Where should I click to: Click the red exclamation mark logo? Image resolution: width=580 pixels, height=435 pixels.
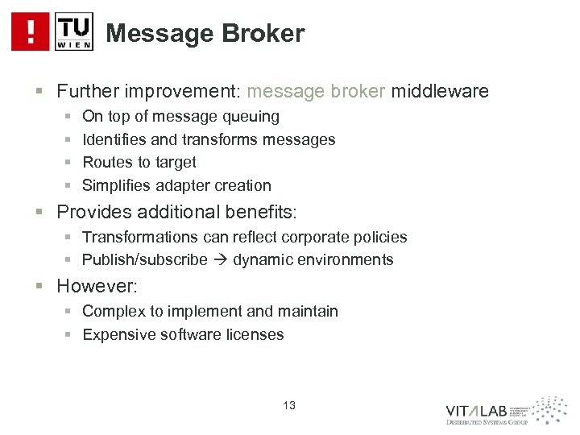pyautogui.click(x=31, y=31)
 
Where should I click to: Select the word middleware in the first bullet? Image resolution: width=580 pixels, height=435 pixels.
pyautogui.click(x=440, y=92)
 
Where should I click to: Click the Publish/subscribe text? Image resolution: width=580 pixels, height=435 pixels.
pyautogui.click(x=150, y=259)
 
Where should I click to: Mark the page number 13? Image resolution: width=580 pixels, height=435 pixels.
pyautogui.click(x=289, y=406)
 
